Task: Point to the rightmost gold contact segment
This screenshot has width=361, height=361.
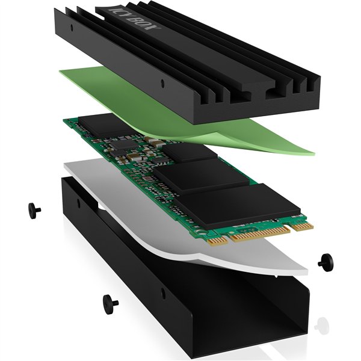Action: click(302, 226)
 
